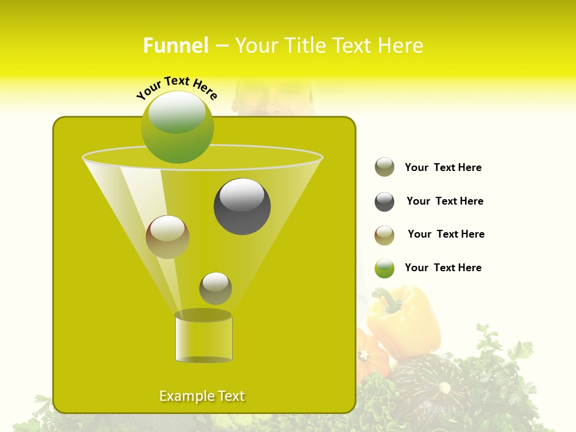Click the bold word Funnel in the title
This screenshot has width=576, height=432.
pos(175,46)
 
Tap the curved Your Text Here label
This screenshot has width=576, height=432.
pos(176,87)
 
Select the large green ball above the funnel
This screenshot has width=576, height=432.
pos(178,127)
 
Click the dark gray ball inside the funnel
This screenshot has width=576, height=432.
pos(242,206)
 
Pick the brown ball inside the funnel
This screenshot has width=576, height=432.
pos(167,237)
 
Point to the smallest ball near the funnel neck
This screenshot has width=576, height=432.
pos(215,288)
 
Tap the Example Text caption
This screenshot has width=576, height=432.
pos(202,396)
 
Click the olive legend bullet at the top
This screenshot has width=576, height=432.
pos(385,167)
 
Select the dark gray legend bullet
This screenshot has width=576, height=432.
pos(385,202)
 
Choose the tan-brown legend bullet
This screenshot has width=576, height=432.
pos(385,235)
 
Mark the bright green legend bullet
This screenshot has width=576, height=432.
pos(385,268)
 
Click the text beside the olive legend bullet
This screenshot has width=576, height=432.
pos(443,167)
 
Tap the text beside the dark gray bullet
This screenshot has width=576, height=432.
pos(445,201)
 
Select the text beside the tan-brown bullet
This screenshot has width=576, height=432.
pos(446,234)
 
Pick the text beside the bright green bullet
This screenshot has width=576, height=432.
pos(443,268)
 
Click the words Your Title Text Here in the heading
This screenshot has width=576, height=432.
pos(329,46)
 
